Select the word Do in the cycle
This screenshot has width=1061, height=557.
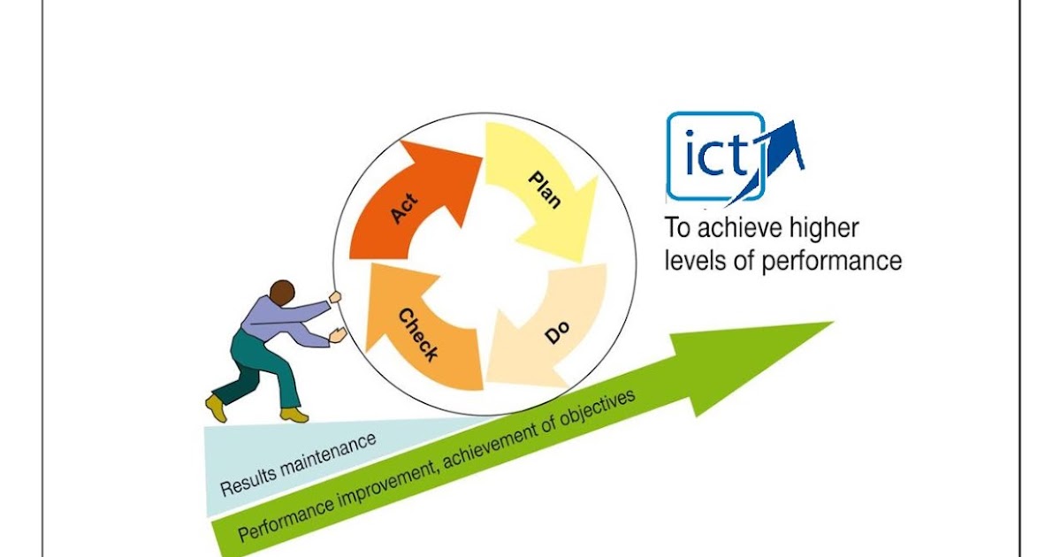[556, 334]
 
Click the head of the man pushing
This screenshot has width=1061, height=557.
[282, 293]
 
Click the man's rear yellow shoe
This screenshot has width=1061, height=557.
[216, 408]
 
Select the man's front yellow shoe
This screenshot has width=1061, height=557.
[294, 414]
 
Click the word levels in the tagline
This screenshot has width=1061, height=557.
[693, 262]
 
